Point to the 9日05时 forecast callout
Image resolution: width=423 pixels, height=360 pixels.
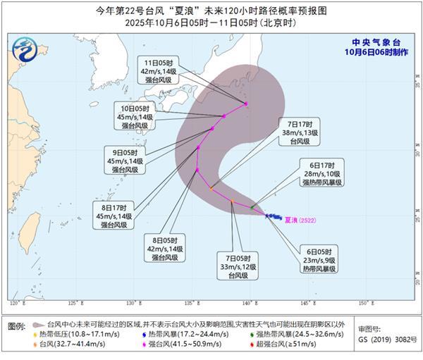(127, 160)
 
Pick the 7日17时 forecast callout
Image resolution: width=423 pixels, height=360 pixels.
(290, 131)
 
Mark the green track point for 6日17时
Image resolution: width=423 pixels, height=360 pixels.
(252, 206)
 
